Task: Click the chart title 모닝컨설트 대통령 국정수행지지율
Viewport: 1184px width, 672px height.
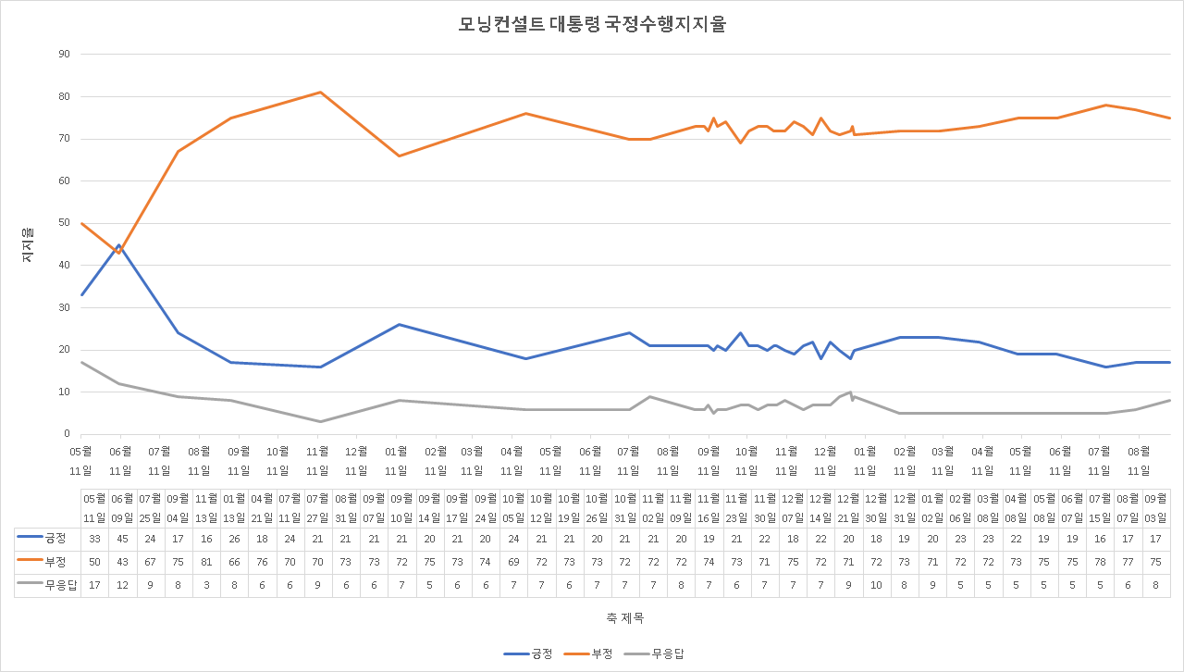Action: pos(592,25)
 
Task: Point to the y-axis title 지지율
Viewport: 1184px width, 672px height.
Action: pos(28,244)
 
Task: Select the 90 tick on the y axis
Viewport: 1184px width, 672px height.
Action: pos(64,54)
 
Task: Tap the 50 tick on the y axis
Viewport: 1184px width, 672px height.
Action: pos(64,223)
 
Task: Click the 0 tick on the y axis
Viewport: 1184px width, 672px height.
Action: pos(67,434)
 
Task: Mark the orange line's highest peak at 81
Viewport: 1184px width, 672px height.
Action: pos(320,92)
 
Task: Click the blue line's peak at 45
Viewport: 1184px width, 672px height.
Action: pos(119,245)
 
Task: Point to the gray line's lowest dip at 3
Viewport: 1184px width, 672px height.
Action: pos(320,422)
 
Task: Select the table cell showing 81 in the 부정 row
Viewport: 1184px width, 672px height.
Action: pos(206,562)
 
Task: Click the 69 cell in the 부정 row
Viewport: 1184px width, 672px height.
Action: pos(514,562)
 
